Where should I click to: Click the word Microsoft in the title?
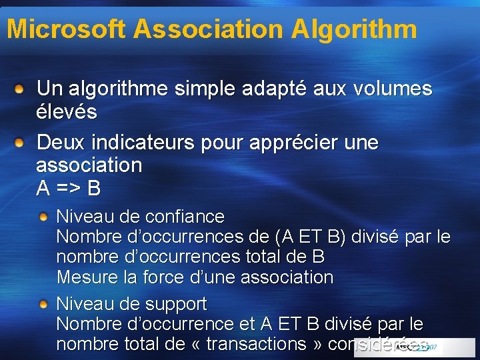tap(65, 29)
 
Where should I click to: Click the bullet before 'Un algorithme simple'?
tap(21, 88)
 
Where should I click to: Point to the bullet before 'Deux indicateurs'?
tap(21, 142)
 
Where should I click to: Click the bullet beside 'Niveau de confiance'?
tap(43, 217)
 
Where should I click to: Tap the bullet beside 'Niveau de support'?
tap(43, 304)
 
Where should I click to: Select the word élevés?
tap(67, 111)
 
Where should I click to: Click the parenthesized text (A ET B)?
tap(309, 237)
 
